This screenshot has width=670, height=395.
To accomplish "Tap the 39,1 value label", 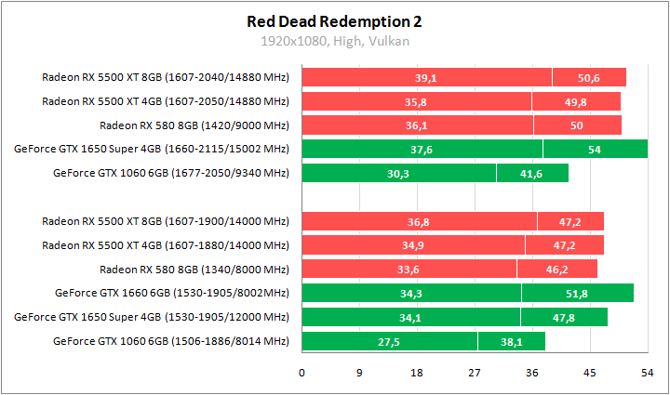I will [426, 78].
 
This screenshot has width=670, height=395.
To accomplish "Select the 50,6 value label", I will [588, 78].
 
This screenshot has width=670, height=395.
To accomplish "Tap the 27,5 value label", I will [389, 342].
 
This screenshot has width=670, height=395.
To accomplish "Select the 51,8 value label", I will [577, 294].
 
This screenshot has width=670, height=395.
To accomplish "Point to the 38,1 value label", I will [511, 342].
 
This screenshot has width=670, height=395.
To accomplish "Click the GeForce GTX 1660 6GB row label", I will [172, 294].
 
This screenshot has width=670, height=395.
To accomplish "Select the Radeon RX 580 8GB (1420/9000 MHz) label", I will [194, 125].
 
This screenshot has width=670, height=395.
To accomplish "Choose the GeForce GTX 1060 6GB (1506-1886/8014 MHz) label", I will [171, 342].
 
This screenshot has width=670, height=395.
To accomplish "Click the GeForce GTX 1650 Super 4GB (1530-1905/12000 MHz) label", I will [152, 318].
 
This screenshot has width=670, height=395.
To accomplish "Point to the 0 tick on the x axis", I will [301, 373].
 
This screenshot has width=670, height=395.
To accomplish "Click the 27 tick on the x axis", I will [474, 373].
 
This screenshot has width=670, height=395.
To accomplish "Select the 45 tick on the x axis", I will [589, 373].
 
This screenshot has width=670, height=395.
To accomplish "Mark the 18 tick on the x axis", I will [416, 373].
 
